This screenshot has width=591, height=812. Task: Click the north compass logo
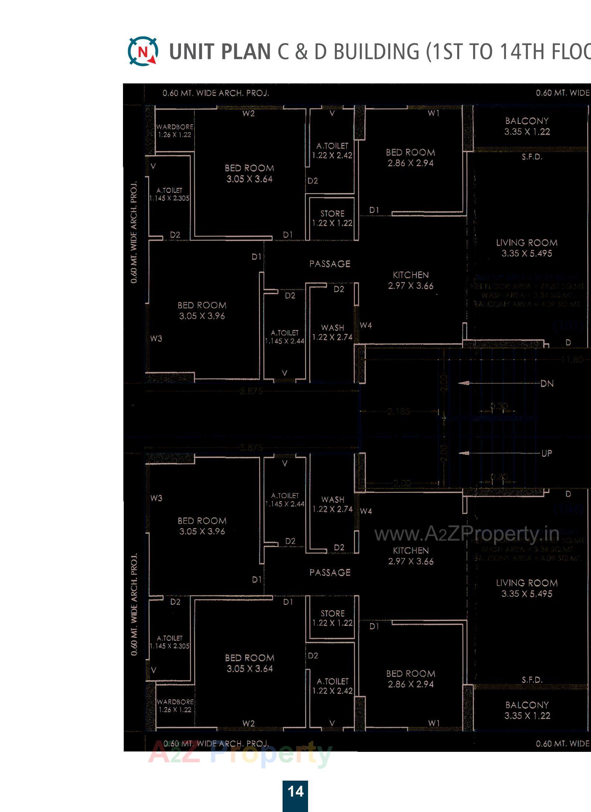tap(143, 51)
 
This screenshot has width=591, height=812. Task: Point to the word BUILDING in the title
tap(376, 52)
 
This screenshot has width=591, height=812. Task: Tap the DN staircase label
tap(547, 383)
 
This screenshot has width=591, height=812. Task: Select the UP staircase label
tap(547, 453)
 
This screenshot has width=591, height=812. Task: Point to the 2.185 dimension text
tap(399, 411)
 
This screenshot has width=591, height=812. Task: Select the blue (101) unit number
tap(569, 326)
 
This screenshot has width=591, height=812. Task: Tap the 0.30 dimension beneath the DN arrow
tap(499, 406)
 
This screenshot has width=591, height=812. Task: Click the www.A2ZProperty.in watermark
tap(467, 534)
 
